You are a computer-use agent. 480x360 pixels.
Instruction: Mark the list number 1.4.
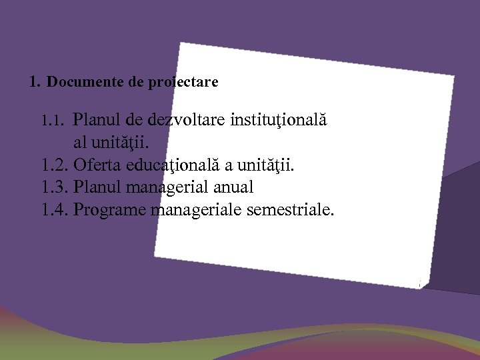[55, 211]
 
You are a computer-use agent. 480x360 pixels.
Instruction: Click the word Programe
[110, 211]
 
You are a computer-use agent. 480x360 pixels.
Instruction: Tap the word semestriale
[290, 211]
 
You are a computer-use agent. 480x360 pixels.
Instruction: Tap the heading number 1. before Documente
[35, 83]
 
